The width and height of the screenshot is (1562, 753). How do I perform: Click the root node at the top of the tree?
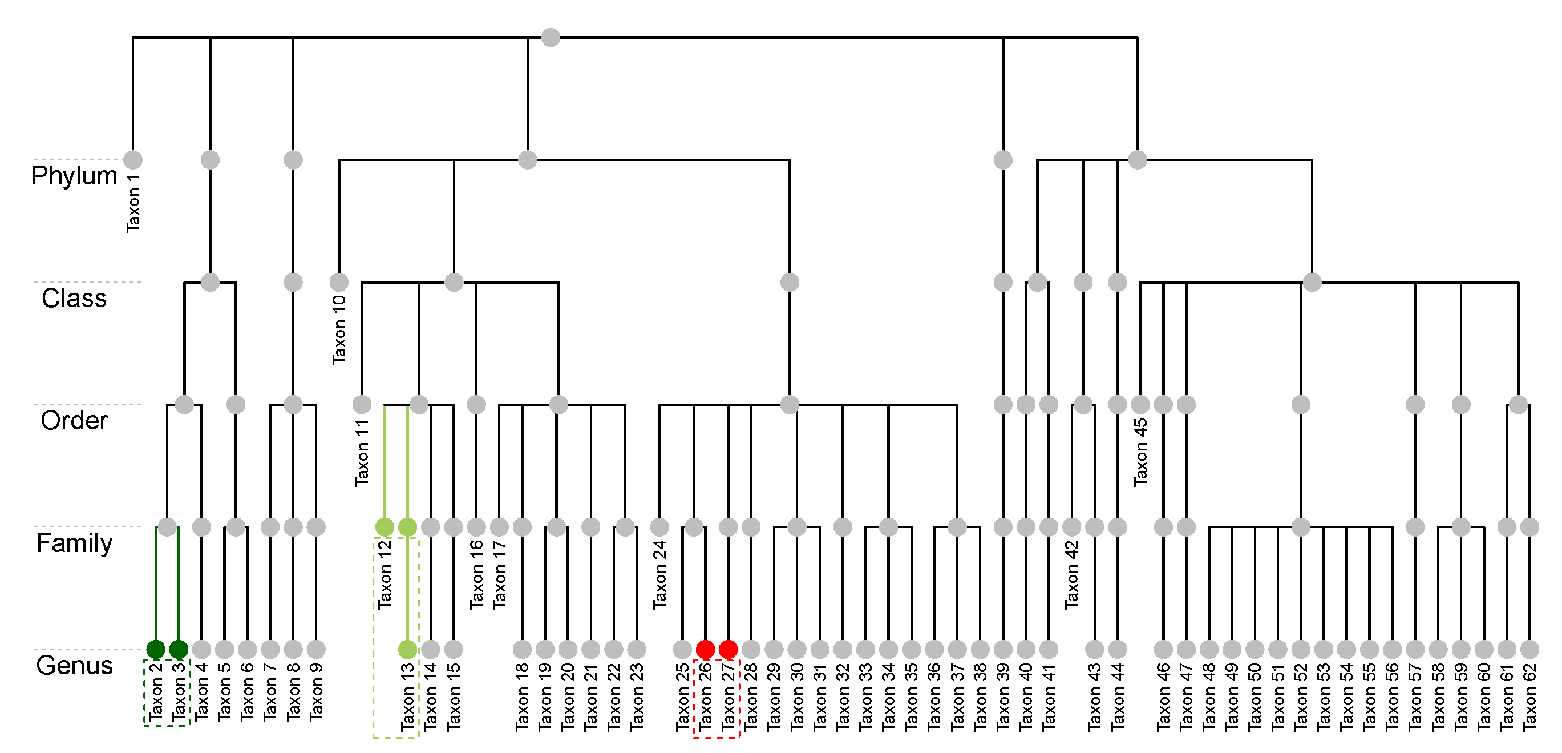tap(550, 38)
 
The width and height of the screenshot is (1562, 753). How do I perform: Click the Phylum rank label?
tap(74, 176)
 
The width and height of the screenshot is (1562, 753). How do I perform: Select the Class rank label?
tap(74, 299)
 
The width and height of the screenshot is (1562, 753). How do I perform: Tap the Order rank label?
tap(74, 421)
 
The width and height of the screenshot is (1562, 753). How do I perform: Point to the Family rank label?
tap(74, 543)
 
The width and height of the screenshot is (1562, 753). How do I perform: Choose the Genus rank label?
tap(74, 666)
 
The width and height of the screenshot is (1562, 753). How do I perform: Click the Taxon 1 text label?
tap(133, 203)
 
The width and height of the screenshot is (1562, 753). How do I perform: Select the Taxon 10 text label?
tap(339, 329)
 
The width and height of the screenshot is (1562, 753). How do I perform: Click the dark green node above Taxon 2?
tap(156, 649)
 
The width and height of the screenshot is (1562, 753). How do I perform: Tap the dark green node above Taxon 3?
tap(178, 649)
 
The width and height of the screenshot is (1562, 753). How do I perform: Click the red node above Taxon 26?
tap(705, 649)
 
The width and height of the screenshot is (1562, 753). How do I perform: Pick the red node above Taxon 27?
tap(727, 649)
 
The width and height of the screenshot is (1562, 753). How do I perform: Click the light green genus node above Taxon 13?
tap(407, 649)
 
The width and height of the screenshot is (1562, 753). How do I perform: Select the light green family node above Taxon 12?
tap(385, 527)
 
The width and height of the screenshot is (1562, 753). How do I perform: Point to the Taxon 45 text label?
tap(1140, 452)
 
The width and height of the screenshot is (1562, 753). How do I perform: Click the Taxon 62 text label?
tap(1530, 696)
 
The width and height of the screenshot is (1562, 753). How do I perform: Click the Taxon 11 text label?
tap(362, 453)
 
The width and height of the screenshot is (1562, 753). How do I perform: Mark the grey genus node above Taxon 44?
tap(1118, 649)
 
